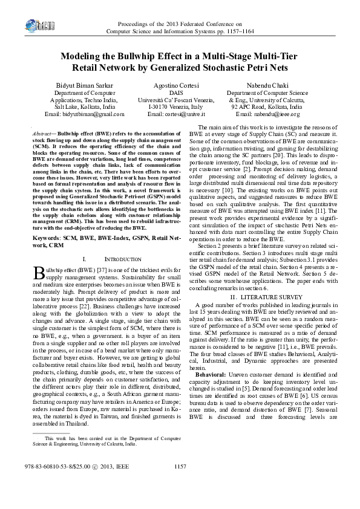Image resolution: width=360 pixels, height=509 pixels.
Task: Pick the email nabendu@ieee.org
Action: point(267,114)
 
